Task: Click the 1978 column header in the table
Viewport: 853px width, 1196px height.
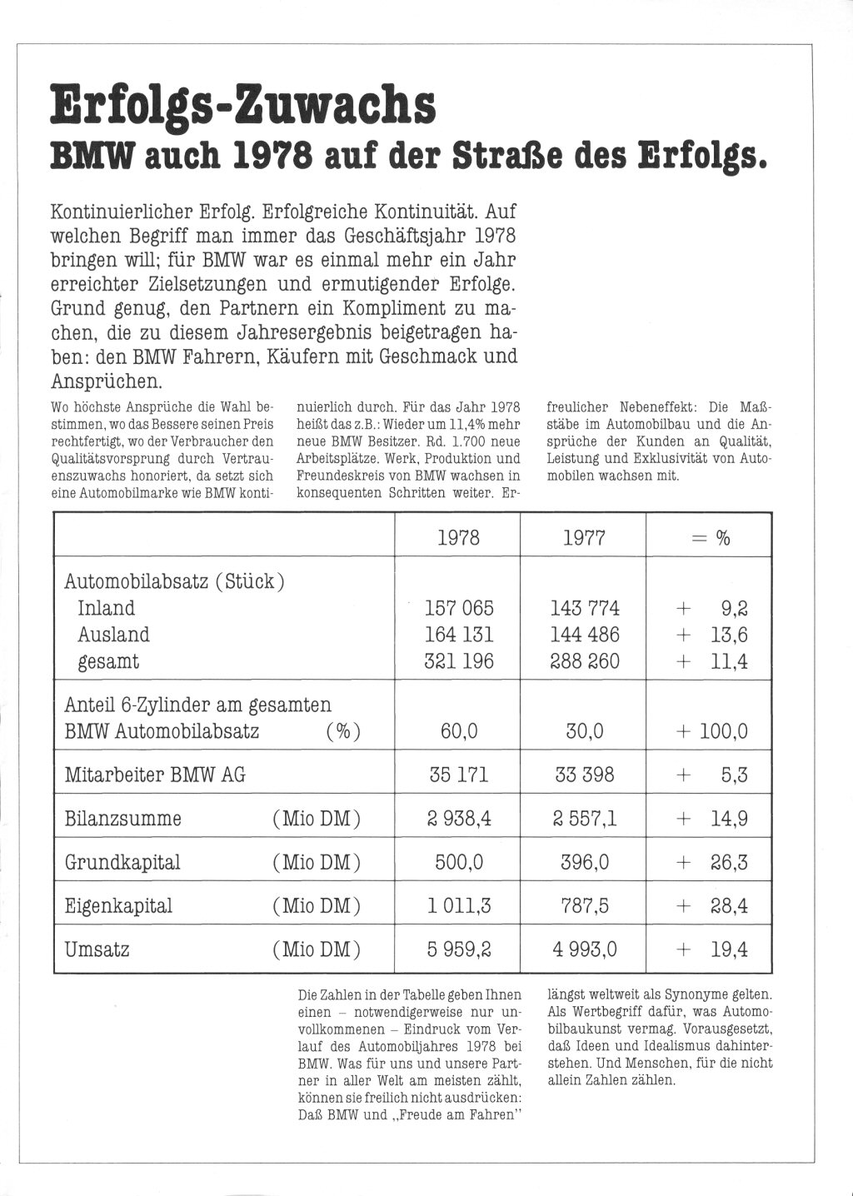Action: click(458, 538)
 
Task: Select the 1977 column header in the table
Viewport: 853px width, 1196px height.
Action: click(583, 538)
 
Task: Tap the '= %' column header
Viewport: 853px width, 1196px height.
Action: click(711, 538)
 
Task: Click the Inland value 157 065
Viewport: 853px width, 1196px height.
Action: click(459, 608)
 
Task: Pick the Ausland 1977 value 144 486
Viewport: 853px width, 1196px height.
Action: click(585, 635)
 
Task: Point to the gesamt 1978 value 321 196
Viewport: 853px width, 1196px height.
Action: click(459, 661)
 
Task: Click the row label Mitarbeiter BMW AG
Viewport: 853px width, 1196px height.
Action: click(155, 775)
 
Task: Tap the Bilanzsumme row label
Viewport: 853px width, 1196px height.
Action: click(122, 819)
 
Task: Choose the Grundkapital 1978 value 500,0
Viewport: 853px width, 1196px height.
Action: click(459, 862)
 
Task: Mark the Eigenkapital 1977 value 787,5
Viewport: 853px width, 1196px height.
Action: click(585, 905)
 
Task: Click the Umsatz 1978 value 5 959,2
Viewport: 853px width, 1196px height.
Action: click(459, 949)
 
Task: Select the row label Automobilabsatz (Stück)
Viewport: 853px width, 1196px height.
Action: click(175, 581)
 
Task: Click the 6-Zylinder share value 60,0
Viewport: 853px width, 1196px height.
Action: click(459, 732)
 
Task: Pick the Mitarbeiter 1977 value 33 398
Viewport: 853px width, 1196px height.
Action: click(585, 775)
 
